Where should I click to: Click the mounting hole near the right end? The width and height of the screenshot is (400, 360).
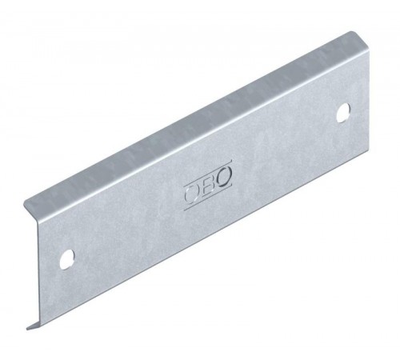coord(343,113)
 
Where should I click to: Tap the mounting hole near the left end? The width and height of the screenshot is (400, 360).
coord(66,259)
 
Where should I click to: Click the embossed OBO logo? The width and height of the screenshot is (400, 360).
coord(208,185)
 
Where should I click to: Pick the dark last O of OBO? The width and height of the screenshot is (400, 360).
coord(224,176)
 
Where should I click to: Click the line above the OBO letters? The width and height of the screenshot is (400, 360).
coord(208,172)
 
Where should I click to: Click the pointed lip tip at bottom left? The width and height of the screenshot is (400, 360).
coord(28,330)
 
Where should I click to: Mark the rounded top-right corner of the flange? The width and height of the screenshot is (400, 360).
coord(352,33)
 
